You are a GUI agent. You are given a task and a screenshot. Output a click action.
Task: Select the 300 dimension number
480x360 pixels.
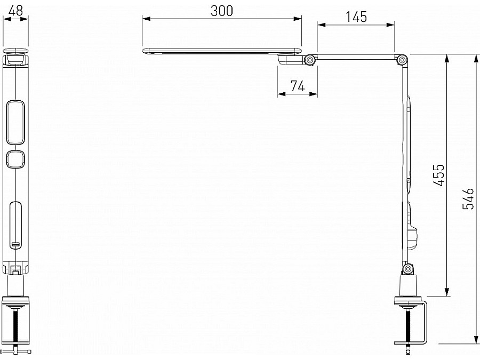pyautogui.click(x=221, y=11)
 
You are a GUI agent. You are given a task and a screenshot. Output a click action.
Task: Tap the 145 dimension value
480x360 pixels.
pyautogui.click(x=356, y=17)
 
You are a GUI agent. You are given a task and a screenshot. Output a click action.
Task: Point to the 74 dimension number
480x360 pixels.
pyautogui.click(x=298, y=86)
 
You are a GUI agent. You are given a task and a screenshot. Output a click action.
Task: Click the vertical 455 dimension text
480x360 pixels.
pyautogui.click(x=438, y=175)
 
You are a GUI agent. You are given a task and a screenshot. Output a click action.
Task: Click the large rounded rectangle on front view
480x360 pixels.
pyautogui.click(x=16, y=122)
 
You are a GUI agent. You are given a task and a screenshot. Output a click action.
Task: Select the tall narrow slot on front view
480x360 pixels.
pyautogui.click(x=16, y=224)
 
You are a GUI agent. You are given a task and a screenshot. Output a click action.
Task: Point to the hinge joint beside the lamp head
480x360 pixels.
pyautogui.click(x=309, y=60)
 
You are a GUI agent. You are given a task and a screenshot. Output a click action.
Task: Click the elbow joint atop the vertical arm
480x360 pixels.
pyautogui.click(x=401, y=60)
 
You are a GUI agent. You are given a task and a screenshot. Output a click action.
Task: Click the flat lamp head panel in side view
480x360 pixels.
pyautogui.click(x=221, y=51)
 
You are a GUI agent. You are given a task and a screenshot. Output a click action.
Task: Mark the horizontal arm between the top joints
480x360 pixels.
pyautogui.click(x=355, y=57)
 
